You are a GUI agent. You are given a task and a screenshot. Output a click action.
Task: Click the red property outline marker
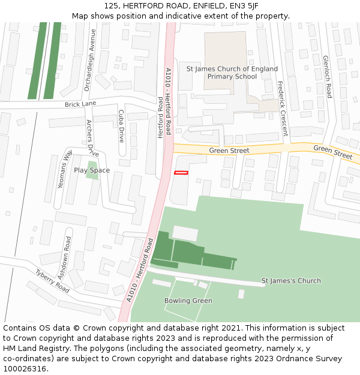click(x=181, y=173)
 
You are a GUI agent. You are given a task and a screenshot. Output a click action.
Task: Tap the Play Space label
click(x=92, y=170)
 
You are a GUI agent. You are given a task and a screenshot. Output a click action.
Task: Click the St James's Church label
click(x=291, y=281)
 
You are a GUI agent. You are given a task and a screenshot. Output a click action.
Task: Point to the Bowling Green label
click(x=188, y=301)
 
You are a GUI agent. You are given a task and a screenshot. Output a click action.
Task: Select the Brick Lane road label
click(x=80, y=104)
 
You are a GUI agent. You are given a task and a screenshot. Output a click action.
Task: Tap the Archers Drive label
click(x=92, y=138)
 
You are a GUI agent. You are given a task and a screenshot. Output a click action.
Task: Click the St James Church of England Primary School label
click(x=232, y=73)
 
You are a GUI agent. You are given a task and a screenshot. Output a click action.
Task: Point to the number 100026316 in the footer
click(x=25, y=369)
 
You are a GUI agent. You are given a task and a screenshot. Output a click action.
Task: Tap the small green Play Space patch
click(x=92, y=170)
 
